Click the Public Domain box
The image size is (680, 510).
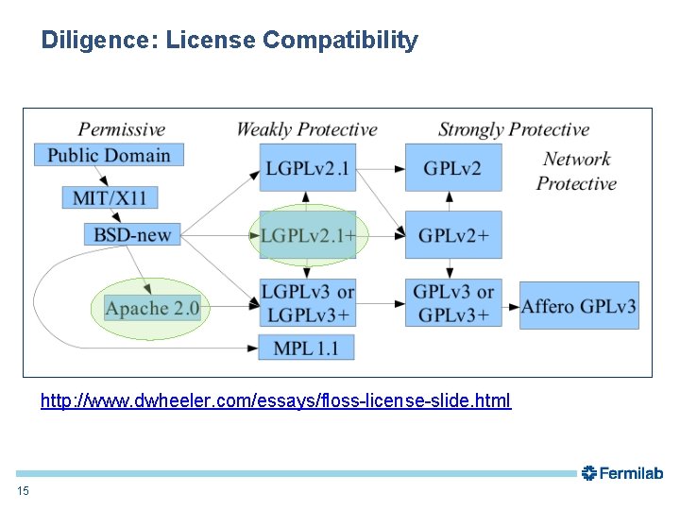coord(109,155)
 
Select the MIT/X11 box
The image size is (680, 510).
coord(110,197)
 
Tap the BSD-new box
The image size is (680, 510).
coord(132,234)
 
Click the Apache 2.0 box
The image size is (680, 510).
coord(152,309)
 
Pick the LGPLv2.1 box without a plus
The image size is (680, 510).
coord(308,168)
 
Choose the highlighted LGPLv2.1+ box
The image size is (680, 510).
coord(308,234)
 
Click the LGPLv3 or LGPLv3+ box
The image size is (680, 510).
coord(308,303)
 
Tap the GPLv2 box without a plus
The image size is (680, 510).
coord(452,168)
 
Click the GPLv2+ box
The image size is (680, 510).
coord(453,234)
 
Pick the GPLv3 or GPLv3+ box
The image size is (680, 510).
coord(453,303)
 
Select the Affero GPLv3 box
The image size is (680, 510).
coord(579,306)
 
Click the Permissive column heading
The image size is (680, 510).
coord(121,130)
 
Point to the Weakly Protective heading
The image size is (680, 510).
coord(306,130)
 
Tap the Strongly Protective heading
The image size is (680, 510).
coord(514,130)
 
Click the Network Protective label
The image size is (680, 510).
coord(576,171)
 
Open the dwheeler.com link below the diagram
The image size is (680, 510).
coord(276,400)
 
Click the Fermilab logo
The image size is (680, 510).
coord(622,473)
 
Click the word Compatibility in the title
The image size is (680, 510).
coord(340,41)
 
